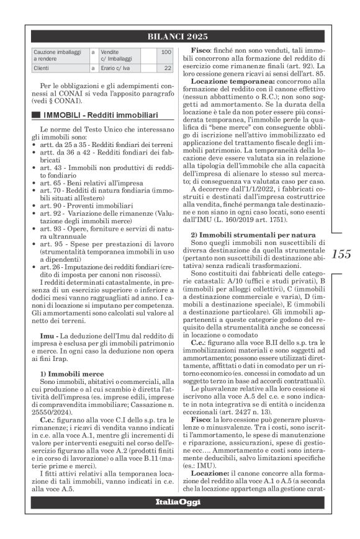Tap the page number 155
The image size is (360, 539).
(x=341, y=254)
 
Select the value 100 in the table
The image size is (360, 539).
(x=166, y=53)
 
